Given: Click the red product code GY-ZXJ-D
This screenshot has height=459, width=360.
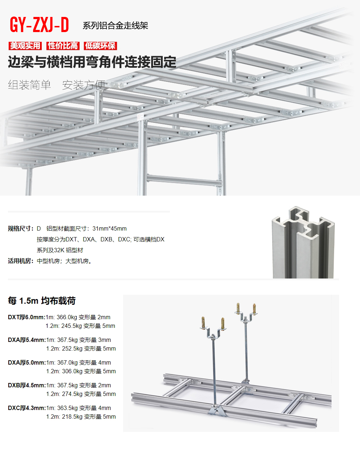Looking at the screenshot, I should click(x=39, y=25).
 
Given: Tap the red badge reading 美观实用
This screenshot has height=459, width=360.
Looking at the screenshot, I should click(x=25, y=46).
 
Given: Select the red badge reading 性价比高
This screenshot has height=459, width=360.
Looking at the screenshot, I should click(x=63, y=46).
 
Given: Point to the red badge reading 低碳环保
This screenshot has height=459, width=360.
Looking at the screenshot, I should click(x=100, y=46).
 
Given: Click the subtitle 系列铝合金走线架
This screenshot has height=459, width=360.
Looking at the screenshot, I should click(x=115, y=26).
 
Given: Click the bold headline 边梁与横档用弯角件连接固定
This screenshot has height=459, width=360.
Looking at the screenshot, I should click(x=92, y=62).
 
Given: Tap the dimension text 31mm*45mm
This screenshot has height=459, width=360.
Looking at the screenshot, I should click(x=109, y=228).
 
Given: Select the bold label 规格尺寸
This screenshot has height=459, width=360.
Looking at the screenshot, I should click(x=21, y=228).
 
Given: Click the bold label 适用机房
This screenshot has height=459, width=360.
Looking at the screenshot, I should click(x=21, y=261).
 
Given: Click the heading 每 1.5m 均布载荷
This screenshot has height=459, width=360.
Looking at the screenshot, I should click(x=42, y=301).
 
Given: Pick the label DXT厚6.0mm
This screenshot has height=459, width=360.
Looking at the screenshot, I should click(x=26, y=317).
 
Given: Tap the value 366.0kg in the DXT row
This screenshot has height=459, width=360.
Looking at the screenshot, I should click(x=67, y=317).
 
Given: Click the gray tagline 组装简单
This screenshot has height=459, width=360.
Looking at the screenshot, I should click(x=30, y=85).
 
